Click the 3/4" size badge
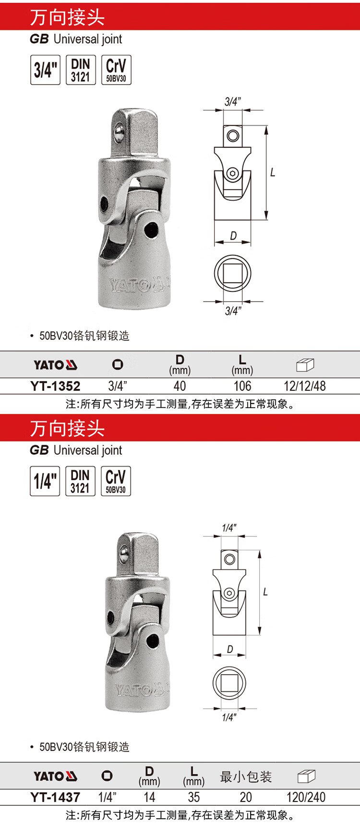pos(45,70)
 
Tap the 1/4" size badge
pos(45,481)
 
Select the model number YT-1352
pos(55,386)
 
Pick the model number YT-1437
pos(55,797)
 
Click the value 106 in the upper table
pos(242,386)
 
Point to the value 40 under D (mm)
pos(180,386)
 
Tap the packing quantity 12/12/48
pos(304,386)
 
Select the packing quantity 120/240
pos(306,797)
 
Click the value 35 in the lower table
pos(194,797)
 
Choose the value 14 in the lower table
pos(149,797)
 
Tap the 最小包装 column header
pos(246,777)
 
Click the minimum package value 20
pos(246,797)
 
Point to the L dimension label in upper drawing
pos(273,172)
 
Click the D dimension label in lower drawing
pos(230,649)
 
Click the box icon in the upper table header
pos(305,364)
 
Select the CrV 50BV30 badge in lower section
pos(116,481)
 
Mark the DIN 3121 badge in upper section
pos(81,70)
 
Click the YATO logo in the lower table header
pos(56,776)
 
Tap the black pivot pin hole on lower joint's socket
pos(152,641)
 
